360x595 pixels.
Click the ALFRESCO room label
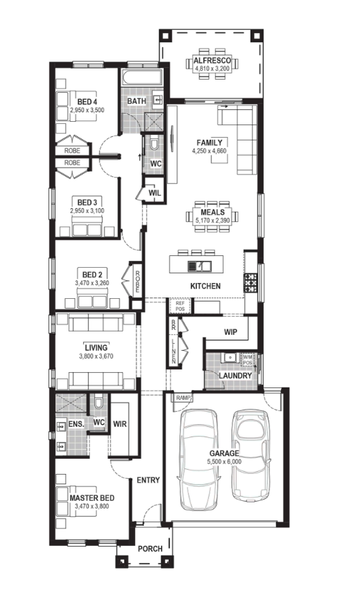tap(213, 60)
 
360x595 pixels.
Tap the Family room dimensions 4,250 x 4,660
tap(209, 151)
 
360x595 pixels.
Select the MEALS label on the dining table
tap(213, 212)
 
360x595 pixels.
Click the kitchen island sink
tap(199, 266)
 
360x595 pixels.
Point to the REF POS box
tap(180, 306)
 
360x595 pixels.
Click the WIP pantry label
tap(231, 332)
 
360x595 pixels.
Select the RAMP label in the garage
tap(183, 398)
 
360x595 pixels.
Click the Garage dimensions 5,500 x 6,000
tap(224, 461)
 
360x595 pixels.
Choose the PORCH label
tap(150, 549)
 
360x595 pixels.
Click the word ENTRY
tap(148, 480)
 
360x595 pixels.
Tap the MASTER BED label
tap(92, 498)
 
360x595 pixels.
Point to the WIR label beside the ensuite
tap(120, 424)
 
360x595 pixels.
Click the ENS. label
tap(76, 424)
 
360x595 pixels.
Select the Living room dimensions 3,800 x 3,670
tap(96, 356)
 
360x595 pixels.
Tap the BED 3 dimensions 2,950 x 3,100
tap(87, 211)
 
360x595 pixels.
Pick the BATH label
tap(136, 101)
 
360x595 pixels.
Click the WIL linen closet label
tap(154, 193)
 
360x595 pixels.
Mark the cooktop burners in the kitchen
tap(250, 283)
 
